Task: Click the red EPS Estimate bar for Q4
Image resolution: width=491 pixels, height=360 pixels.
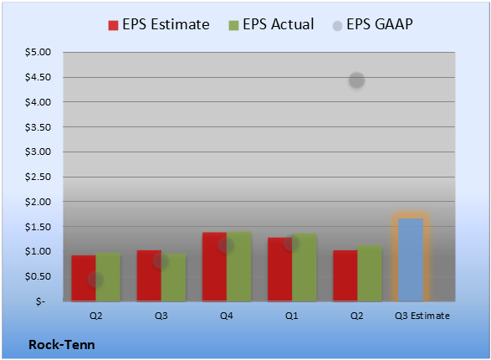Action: (214, 266)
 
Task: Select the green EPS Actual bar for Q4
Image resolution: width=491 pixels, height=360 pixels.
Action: (239, 266)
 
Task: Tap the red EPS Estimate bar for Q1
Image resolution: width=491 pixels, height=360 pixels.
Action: (280, 270)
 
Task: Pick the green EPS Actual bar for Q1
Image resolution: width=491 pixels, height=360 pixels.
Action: (304, 267)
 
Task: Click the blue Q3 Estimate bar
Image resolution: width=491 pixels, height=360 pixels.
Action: (411, 260)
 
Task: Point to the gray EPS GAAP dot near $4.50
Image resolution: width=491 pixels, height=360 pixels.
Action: (356, 80)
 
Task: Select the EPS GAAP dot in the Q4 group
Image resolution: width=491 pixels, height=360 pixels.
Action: (226, 245)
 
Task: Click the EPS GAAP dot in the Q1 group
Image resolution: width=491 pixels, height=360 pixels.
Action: (291, 243)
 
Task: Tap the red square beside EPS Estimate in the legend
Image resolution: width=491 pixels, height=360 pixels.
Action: (113, 25)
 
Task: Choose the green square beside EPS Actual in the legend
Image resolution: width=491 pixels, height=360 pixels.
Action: (233, 25)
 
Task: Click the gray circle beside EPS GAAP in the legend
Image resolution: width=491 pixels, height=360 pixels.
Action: (337, 26)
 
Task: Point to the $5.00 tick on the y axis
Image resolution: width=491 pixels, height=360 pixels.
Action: (38, 52)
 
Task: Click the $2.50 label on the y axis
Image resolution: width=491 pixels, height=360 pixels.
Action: (38, 177)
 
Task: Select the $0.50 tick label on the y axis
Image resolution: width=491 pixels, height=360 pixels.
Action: (38, 276)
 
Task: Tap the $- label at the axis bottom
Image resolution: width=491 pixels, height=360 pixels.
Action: (40, 301)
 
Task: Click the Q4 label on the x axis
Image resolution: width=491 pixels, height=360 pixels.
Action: (227, 316)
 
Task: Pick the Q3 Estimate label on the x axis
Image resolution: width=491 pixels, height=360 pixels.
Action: (422, 316)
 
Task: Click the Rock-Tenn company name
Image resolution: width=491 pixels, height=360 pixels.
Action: (62, 345)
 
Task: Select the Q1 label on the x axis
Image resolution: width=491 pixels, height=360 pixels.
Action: (292, 316)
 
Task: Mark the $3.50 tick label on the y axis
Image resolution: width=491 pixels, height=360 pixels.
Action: (38, 127)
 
